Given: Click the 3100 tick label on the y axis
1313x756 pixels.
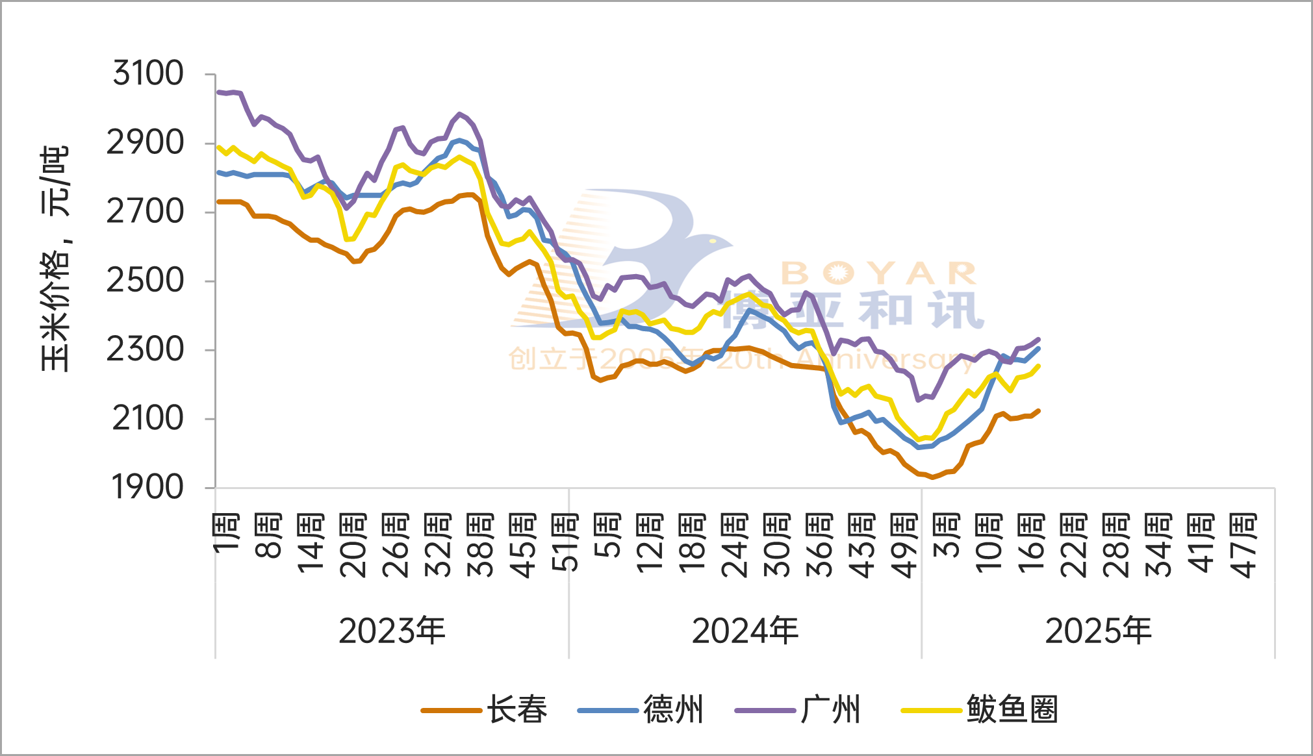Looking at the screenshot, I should pyautogui.click(x=148, y=73).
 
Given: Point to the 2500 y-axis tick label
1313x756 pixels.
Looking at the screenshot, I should pyautogui.click(x=146, y=281).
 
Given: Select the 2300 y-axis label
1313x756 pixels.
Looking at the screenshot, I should pyautogui.click(x=146, y=349).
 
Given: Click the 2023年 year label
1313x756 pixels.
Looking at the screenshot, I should pyautogui.click(x=392, y=631).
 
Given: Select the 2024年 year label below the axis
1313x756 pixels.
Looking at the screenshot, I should pyautogui.click(x=745, y=631).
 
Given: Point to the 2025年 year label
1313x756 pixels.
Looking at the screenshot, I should pyautogui.click(x=1098, y=631).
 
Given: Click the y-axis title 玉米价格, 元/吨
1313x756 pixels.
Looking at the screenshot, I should pyautogui.click(x=55, y=258).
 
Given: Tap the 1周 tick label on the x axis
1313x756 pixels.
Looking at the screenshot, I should pyautogui.click(x=227, y=533).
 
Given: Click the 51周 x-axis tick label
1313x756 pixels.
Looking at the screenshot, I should pyautogui.click(x=565, y=542).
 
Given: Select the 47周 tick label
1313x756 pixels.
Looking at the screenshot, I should pyautogui.click(x=1243, y=546).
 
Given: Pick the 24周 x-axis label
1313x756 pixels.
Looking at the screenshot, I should pyautogui.click(x=734, y=546).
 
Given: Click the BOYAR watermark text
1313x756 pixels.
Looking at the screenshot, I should pyautogui.click(x=878, y=273).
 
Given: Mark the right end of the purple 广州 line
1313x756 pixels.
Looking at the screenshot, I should pyautogui.click(x=1039, y=339).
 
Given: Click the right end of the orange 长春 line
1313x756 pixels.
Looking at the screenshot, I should pyautogui.click(x=1039, y=410).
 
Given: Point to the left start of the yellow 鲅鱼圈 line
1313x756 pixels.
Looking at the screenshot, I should pyautogui.click(x=218, y=147).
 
